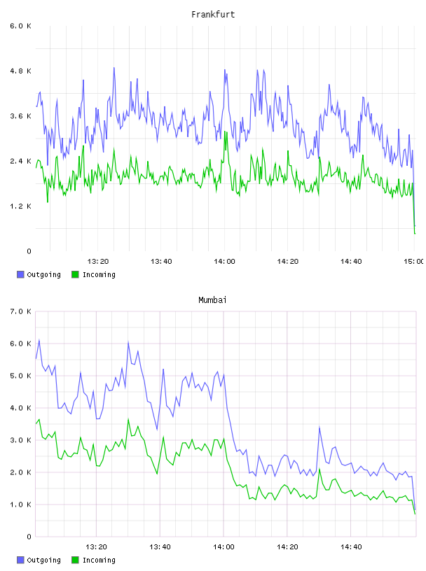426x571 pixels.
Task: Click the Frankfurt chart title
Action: [213, 15]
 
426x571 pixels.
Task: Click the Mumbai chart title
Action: [212, 300]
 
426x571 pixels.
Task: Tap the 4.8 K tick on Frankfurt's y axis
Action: [21, 71]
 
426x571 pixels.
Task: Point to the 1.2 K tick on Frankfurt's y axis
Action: [21, 206]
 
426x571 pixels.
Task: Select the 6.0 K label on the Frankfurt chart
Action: [21, 26]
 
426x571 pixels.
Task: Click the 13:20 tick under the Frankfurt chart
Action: [98, 262]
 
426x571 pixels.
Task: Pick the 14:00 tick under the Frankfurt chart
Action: [225, 262]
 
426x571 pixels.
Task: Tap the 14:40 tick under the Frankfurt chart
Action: [351, 262]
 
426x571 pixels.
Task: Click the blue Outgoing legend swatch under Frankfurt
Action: [20, 274]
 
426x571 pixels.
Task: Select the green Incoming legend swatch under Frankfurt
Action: [75, 274]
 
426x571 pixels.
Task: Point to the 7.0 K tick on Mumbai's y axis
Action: [21, 311]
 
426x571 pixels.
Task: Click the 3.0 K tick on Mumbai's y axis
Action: [21, 440]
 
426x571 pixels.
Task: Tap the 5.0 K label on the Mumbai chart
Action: [21, 376]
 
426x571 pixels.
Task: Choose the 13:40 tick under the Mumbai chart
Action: [160, 547]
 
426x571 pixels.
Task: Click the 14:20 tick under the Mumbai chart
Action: [287, 547]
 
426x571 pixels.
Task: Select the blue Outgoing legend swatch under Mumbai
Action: [20, 560]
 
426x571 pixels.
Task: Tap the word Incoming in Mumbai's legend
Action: [99, 561]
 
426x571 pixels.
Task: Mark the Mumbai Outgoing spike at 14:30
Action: [319, 427]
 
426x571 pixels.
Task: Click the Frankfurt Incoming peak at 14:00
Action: [225, 132]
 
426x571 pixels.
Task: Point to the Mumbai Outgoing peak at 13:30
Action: [128, 342]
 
